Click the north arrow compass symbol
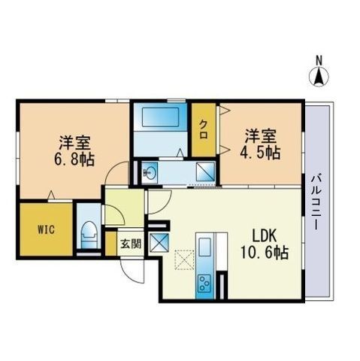319,76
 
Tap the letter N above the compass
319,60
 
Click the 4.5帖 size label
262,152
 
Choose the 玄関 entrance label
131,244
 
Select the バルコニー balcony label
318,202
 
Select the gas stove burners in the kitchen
204,283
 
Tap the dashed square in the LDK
183,260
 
